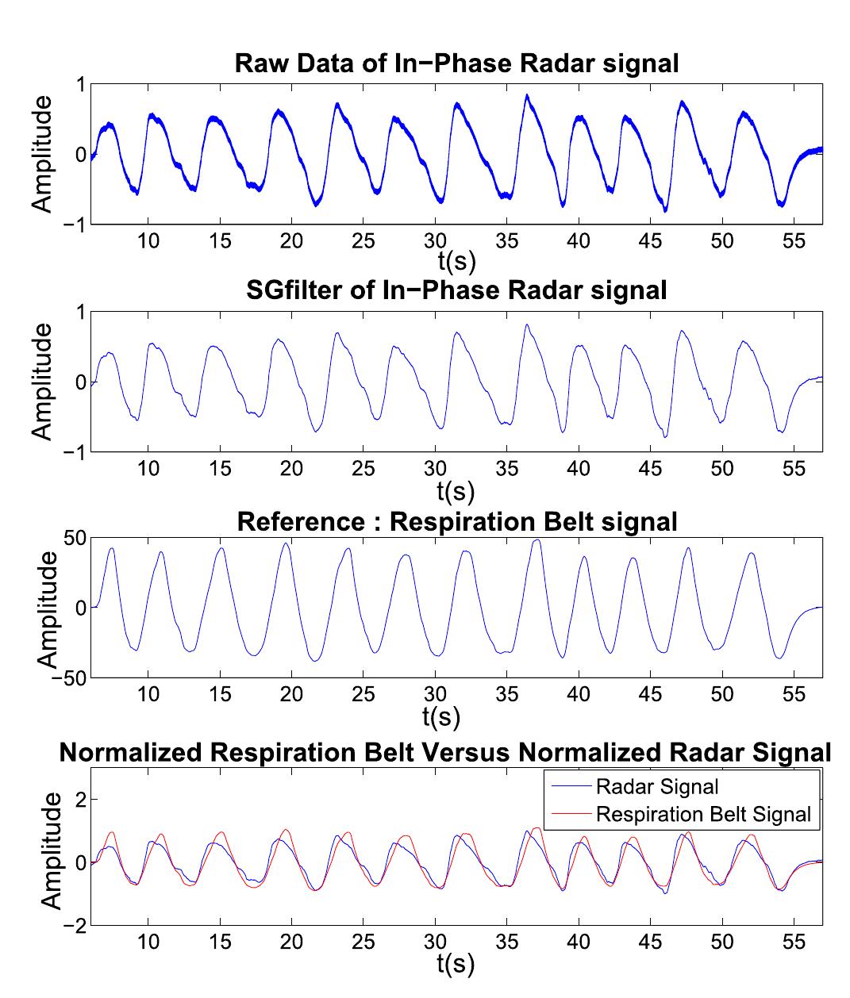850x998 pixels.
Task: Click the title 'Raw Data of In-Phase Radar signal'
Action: coord(456,63)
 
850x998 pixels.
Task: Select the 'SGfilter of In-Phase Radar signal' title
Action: coord(456,290)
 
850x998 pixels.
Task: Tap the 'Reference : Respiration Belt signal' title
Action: coord(456,521)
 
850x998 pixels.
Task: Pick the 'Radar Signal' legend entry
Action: coord(657,786)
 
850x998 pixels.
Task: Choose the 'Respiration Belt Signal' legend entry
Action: coord(703,814)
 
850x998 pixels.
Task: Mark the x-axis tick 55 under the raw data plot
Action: coord(794,241)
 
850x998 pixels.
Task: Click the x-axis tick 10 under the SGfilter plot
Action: coord(148,468)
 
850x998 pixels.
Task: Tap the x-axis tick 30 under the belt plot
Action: coord(435,693)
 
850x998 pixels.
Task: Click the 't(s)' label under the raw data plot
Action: coord(456,260)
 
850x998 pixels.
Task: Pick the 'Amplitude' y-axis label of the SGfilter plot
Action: coord(42,382)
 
